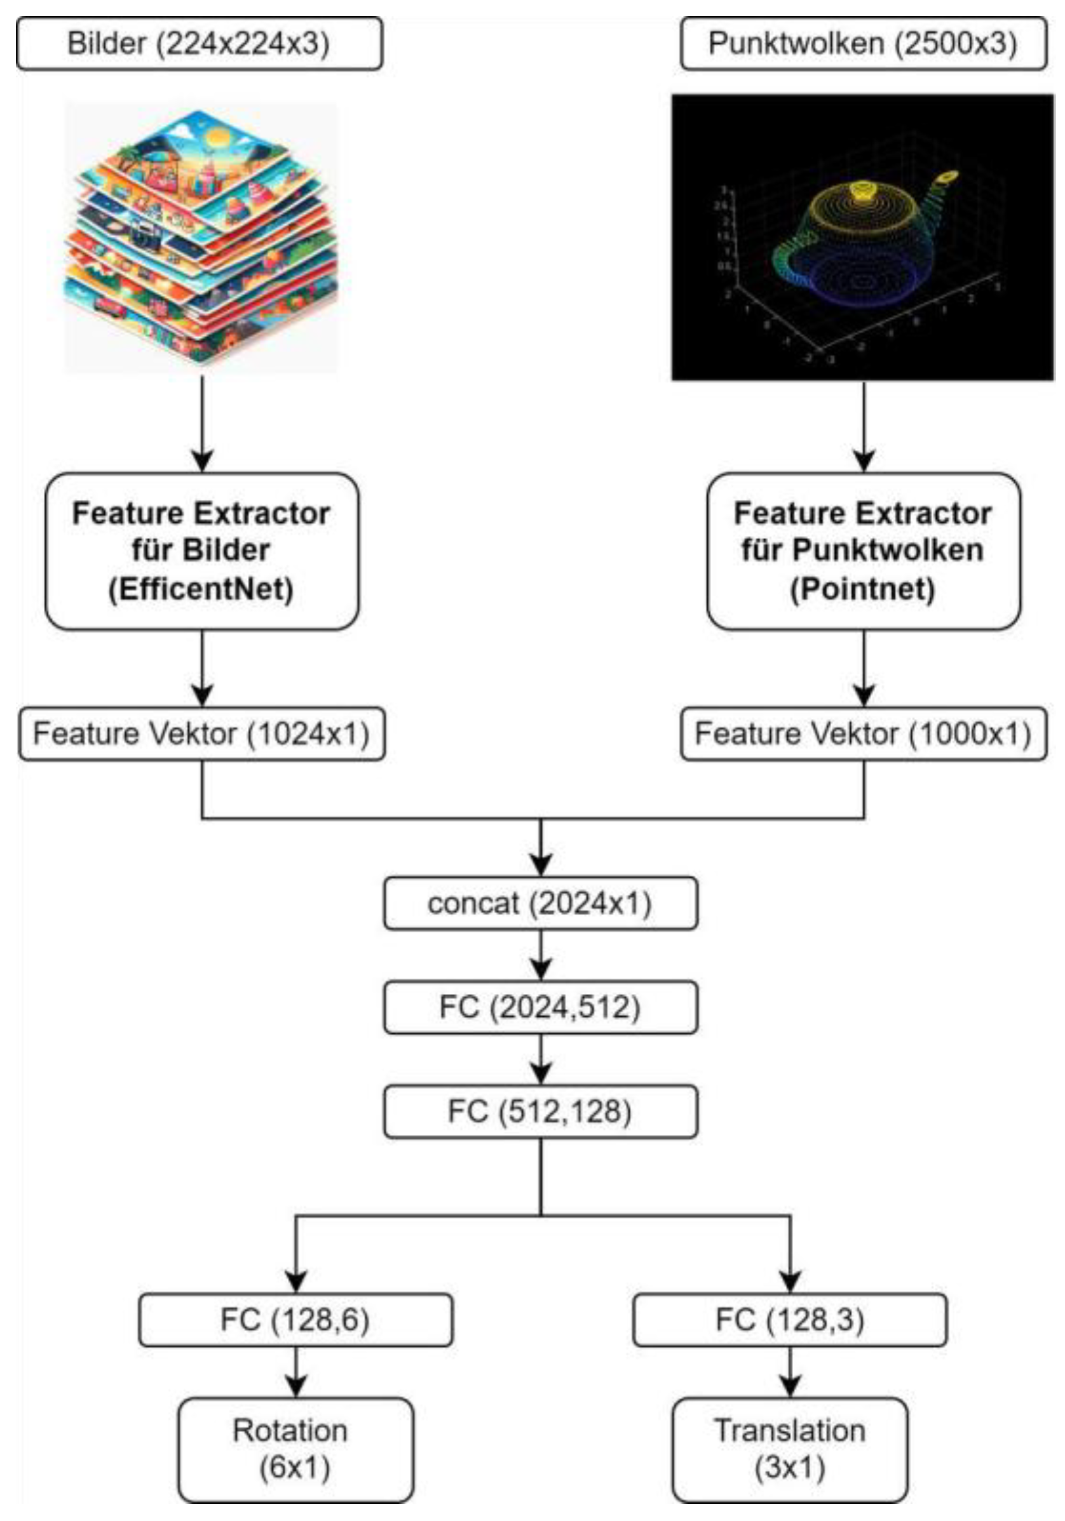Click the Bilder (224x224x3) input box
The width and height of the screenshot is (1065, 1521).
[199, 44]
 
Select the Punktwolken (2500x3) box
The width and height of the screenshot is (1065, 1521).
[863, 44]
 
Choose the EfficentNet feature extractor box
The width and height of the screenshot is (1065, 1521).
[201, 551]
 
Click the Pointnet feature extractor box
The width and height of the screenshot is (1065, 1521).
[863, 551]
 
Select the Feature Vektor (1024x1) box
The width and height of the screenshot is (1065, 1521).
[201, 734]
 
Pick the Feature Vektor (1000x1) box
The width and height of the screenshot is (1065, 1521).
[863, 734]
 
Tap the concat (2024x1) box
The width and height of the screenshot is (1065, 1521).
[540, 903]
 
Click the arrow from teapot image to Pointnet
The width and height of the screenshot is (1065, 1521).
[863, 427]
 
